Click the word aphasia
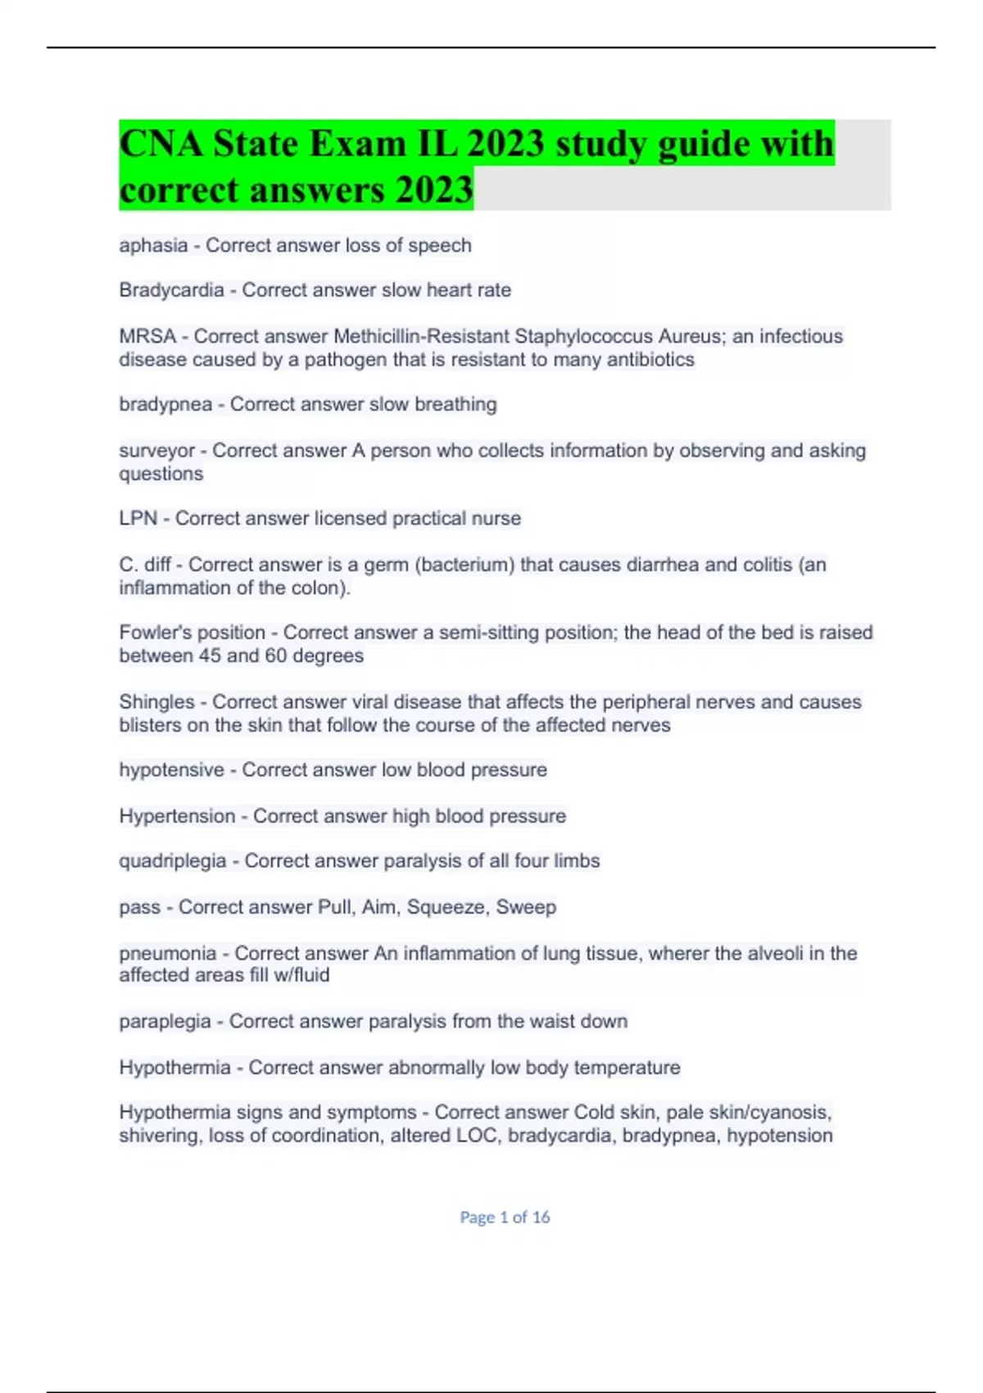pos(153,245)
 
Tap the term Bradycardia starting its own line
pos(171,290)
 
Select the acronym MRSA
pos(147,336)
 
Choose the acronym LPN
pos(138,519)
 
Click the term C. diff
pos(145,565)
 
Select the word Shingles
pos(156,702)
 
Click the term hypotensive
pos(171,770)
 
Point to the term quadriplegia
pos(172,861)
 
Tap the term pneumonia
pos(168,954)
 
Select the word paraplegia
pos(165,1022)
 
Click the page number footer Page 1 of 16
pos(505,1217)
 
